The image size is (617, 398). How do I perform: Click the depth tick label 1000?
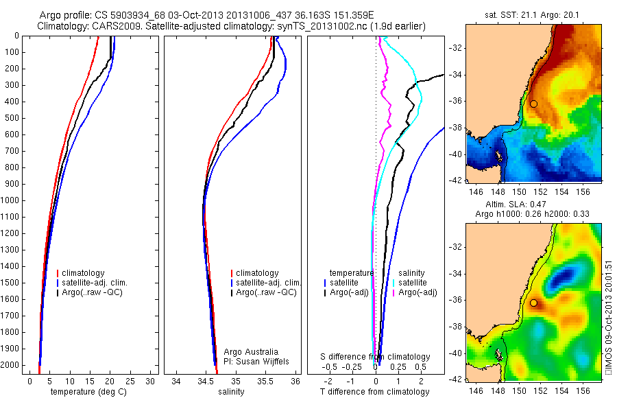pos(11,200)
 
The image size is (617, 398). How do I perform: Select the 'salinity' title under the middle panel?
pos(230,392)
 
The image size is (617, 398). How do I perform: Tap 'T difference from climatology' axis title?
pos(375,392)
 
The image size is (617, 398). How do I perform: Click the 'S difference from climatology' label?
pos(376,357)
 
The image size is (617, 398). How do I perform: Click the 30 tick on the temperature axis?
pos(151,381)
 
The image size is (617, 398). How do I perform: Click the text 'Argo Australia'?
pos(251,352)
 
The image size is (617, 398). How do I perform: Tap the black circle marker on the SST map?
pos(533,104)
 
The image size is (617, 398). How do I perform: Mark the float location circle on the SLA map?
pos(533,303)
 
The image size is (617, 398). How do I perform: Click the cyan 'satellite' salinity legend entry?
pos(412,283)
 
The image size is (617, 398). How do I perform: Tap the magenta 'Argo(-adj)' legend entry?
pos(418,292)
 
